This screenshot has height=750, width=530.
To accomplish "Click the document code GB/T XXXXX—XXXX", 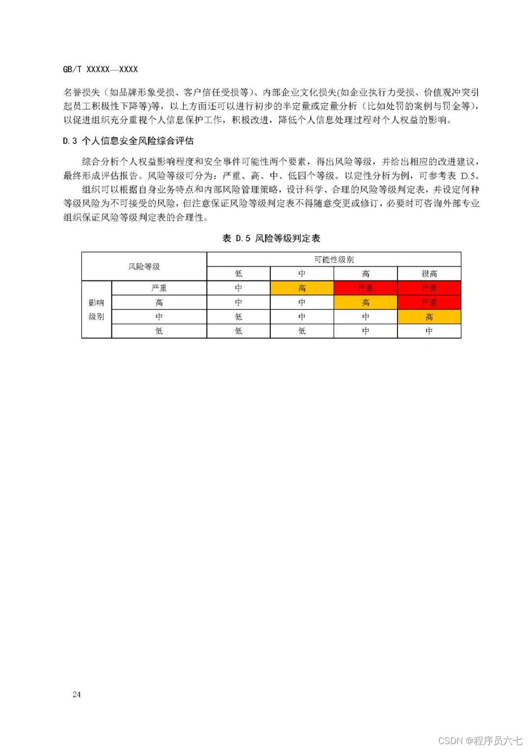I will [x=100, y=70].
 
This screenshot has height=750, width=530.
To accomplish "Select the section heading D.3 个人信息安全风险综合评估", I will [x=128, y=141].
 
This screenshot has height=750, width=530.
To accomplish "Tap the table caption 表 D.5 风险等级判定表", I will [x=271, y=238].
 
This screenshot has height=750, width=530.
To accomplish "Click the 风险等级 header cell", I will [x=144, y=266].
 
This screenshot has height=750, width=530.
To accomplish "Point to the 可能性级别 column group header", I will [x=334, y=259].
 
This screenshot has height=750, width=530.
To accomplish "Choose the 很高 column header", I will [x=429, y=274].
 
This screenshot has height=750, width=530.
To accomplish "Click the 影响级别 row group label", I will [x=97, y=309].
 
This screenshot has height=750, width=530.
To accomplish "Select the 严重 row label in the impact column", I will [x=159, y=288].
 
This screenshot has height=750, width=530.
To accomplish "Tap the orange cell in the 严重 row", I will [x=302, y=288].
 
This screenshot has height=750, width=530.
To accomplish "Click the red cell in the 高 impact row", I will [x=429, y=302].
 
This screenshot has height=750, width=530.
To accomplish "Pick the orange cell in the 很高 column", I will [x=429, y=317].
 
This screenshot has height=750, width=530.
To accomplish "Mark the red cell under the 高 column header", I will [x=365, y=288].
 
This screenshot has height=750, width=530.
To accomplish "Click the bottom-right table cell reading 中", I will [x=429, y=331].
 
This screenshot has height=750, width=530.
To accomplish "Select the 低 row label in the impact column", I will [x=159, y=331].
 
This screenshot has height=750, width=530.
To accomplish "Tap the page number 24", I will [x=77, y=694].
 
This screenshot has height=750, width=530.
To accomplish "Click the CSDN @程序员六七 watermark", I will [x=480, y=740].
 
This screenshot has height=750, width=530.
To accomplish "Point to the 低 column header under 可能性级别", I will [x=238, y=274].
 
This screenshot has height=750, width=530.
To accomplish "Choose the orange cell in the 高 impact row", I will [x=365, y=302].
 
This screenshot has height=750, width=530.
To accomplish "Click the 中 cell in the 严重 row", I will [x=238, y=288].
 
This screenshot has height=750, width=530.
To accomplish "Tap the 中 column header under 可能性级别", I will [x=302, y=274].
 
